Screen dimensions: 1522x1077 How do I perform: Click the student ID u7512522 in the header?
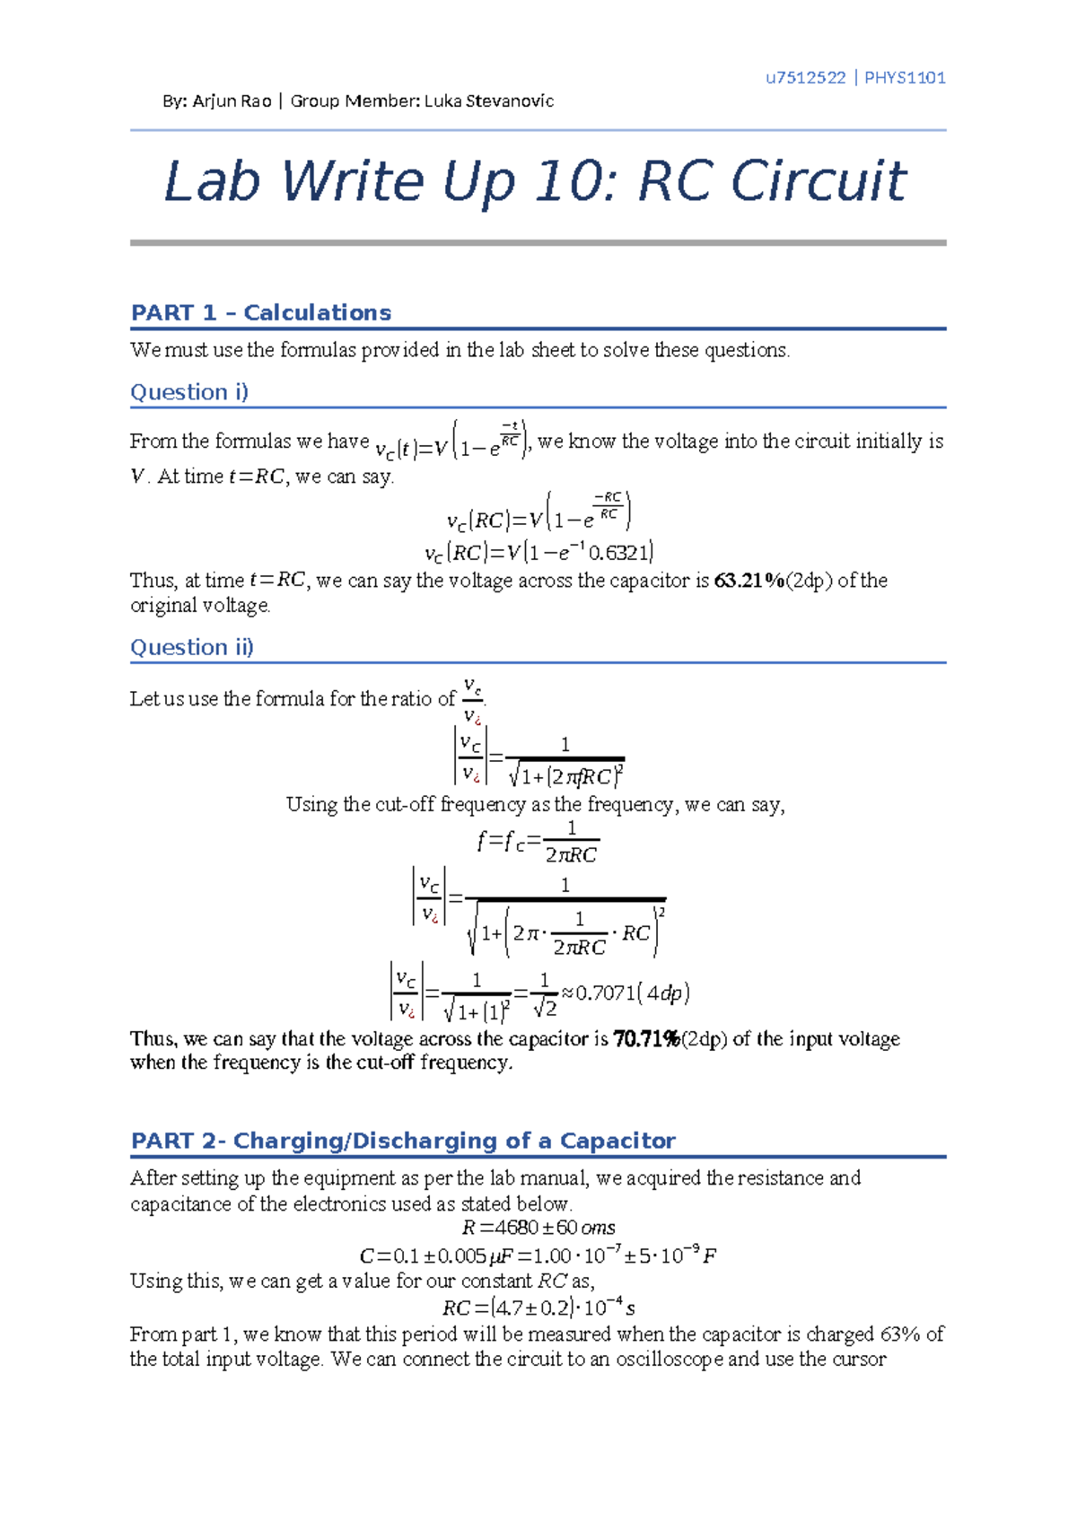(805, 77)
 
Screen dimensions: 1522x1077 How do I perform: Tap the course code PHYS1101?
(905, 77)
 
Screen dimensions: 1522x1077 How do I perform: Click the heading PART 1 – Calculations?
(261, 312)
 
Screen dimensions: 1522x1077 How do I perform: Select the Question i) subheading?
(189, 392)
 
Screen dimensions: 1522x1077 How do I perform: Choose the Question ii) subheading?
(192, 647)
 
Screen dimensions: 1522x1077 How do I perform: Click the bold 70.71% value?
(646, 1039)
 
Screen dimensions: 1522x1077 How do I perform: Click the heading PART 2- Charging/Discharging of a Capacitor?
(403, 1141)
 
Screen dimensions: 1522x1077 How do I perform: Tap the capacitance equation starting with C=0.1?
(537, 1255)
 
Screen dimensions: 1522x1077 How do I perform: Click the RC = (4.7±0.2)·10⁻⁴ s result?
(538, 1308)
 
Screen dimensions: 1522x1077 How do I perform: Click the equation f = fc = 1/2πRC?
(537, 842)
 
